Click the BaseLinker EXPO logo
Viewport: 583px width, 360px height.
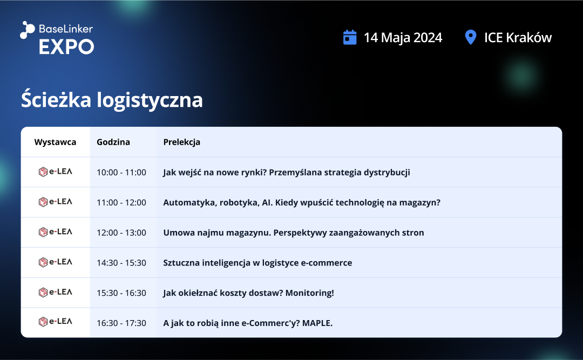pos(57,38)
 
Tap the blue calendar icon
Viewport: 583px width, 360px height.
pos(349,38)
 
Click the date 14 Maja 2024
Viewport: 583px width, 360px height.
pos(403,38)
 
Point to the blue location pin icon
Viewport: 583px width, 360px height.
pos(471,38)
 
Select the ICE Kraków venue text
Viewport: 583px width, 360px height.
pos(518,38)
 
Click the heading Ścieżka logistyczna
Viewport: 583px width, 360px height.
pos(112,100)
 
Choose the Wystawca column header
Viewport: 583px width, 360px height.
pos(55,142)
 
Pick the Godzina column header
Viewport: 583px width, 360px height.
pos(113,142)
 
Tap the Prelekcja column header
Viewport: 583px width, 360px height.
pos(182,142)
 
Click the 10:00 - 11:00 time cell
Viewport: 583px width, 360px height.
pos(121,172)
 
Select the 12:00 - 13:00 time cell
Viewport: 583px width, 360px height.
pos(121,233)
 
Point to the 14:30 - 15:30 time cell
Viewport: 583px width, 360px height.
pos(121,262)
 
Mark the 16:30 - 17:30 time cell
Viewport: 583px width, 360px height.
pos(121,323)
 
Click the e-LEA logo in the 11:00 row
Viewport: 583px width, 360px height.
pos(56,201)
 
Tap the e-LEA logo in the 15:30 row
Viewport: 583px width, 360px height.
pos(56,292)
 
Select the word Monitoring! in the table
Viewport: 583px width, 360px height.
pos(310,293)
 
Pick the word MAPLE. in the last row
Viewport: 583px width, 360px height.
pos(317,323)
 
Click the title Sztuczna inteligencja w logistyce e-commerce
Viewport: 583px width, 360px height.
pos(257,263)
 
